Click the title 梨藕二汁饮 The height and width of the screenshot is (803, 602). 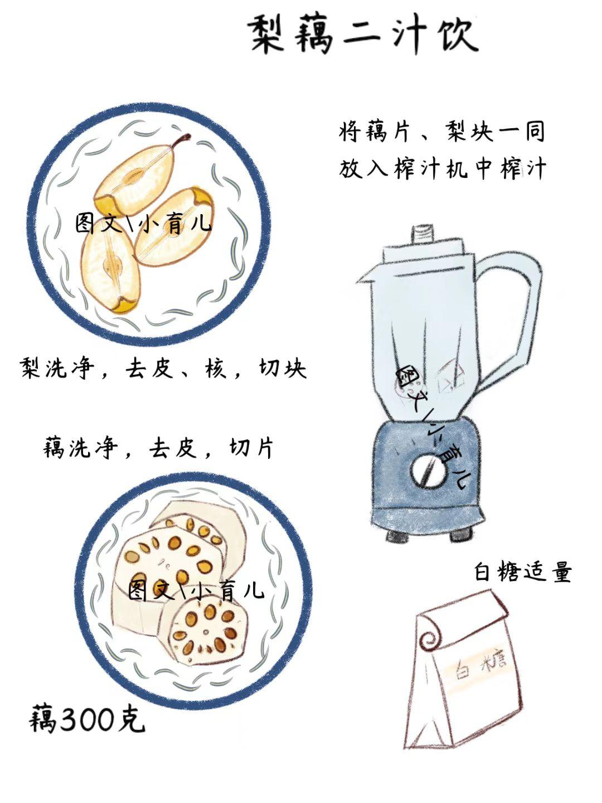pyautogui.click(x=363, y=36)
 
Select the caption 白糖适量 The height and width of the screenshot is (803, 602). pyautogui.click(x=523, y=571)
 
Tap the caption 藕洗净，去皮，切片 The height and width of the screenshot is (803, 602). pyautogui.click(x=158, y=447)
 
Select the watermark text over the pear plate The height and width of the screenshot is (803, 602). pyautogui.click(x=143, y=223)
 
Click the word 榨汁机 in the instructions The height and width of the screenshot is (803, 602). pyautogui.click(x=430, y=169)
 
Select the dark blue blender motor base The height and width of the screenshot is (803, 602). pyautogui.click(x=427, y=476)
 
